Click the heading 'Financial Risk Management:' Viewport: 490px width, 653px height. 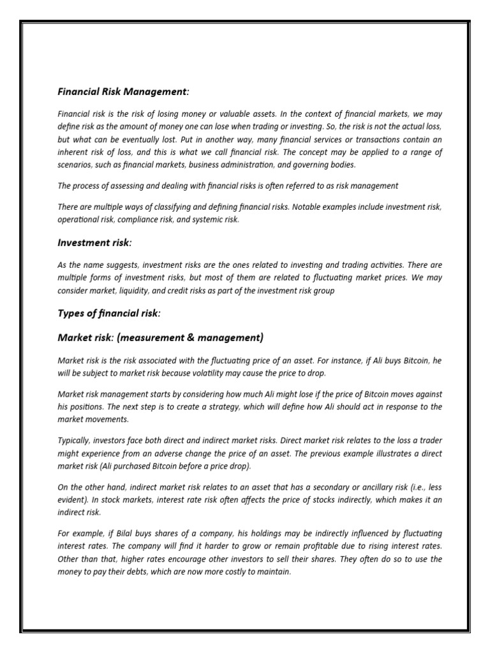click(x=123, y=92)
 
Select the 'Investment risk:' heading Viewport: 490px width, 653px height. click(x=94, y=243)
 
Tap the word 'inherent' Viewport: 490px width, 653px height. click(x=74, y=152)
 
